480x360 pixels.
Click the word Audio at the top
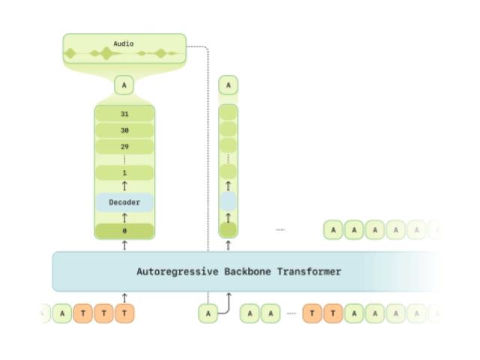(x=124, y=43)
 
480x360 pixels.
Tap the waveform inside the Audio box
(x=124, y=54)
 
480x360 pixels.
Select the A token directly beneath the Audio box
(x=124, y=85)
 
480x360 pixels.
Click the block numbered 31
(x=124, y=114)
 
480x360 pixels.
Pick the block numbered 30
(x=124, y=130)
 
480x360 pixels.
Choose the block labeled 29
(x=124, y=146)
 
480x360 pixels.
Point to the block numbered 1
(x=124, y=172)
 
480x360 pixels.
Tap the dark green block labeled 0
(x=124, y=231)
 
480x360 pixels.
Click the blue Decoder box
(x=124, y=202)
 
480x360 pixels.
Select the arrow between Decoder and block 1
(x=124, y=185)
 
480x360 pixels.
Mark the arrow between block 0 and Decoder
(x=124, y=217)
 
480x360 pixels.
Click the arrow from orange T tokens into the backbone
(x=124, y=298)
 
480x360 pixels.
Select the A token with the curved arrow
(x=208, y=313)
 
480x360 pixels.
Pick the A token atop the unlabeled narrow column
(x=228, y=85)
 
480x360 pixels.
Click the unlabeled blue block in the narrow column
(x=228, y=201)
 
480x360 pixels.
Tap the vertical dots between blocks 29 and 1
(x=124, y=159)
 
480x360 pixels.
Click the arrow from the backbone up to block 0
(x=124, y=244)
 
